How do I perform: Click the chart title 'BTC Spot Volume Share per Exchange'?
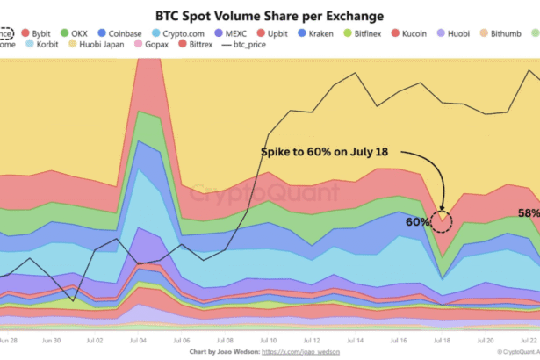[x=270, y=15]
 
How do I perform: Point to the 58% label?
[x=529, y=213]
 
